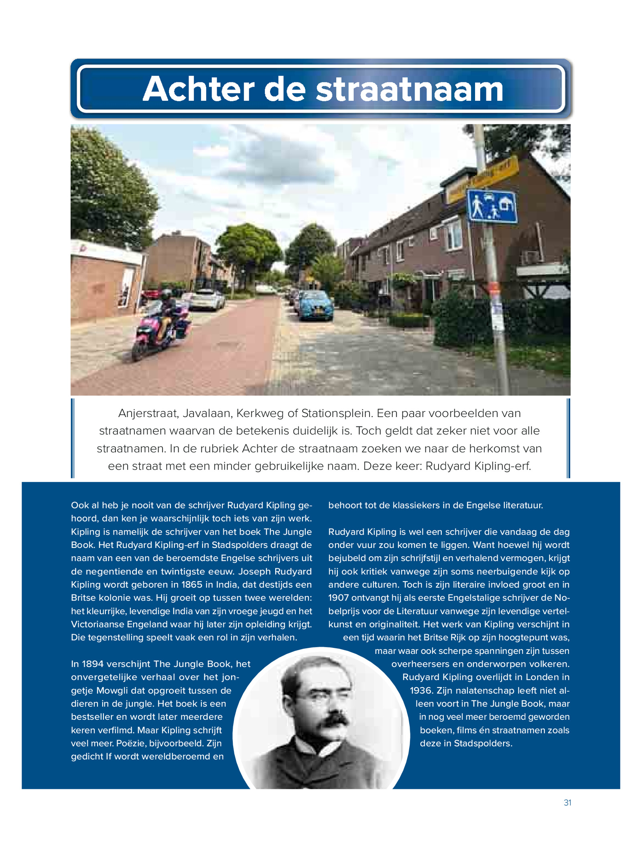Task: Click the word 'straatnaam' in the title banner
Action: click(x=409, y=89)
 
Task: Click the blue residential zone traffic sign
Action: click(x=492, y=206)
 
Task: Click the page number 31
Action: click(x=567, y=802)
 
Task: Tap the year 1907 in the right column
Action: click(x=338, y=598)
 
